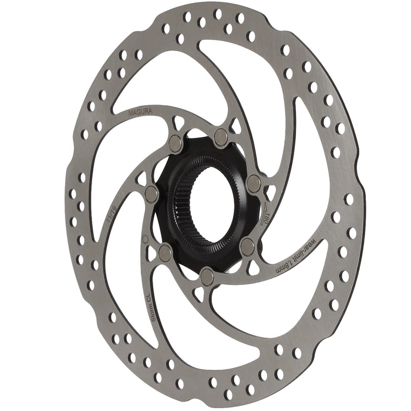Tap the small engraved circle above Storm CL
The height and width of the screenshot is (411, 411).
[145, 239]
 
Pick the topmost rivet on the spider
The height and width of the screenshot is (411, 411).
[221, 137]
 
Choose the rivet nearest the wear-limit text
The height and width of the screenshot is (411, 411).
[247, 245]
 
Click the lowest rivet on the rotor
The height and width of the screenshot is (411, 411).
[207, 275]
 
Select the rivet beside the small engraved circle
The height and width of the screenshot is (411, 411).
[166, 252]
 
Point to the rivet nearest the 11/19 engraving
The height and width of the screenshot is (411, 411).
[151, 194]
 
